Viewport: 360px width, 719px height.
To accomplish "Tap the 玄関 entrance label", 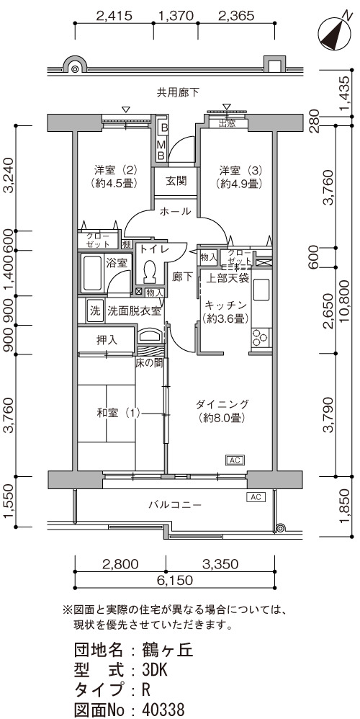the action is pos(176,181).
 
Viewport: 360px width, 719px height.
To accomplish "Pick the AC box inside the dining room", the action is pos(235,460).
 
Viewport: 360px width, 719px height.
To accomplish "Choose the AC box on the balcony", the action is pos(256,496).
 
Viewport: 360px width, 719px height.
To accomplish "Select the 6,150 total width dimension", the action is pos(175,581).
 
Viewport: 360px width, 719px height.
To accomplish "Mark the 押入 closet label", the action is pos(107,340).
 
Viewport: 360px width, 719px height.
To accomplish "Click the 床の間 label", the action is pos(149,363).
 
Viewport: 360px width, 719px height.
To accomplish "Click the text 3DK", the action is pos(155,671).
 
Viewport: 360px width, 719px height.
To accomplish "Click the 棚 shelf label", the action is pos(127,244).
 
